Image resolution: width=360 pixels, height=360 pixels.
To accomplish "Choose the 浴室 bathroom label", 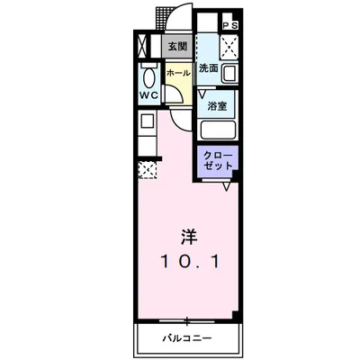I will (216, 106).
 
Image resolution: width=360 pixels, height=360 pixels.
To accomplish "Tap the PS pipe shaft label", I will (229, 26).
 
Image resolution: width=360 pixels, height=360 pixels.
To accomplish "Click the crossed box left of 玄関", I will (144, 45).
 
